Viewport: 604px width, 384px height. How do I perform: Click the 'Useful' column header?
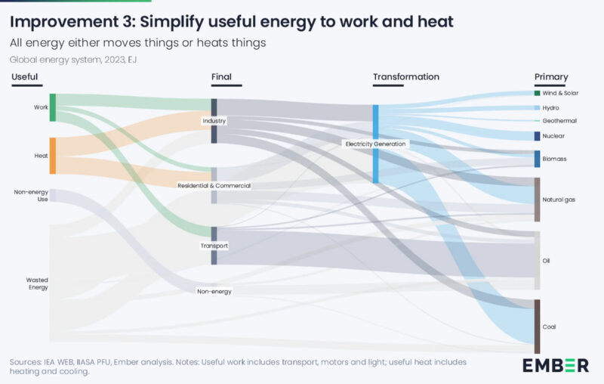[x=24, y=77]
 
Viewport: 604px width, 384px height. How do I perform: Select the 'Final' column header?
[x=221, y=77]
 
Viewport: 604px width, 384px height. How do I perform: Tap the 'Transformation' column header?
[x=405, y=77]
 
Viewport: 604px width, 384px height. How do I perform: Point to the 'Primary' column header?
[x=551, y=77]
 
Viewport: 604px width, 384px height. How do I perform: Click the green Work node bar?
[x=53, y=107]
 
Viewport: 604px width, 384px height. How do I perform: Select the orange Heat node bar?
[x=53, y=156]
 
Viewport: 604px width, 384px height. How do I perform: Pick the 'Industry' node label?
[x=214, y=121]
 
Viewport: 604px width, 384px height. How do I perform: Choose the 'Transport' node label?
[x=214, y=246]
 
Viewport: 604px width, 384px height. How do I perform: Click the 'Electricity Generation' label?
[x=375, y=144]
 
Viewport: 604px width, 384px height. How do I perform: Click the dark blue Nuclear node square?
[x=537, y=136]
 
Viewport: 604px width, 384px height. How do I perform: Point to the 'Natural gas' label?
[x=559, y=200]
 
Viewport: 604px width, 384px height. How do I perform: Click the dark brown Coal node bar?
[x=537, y=326]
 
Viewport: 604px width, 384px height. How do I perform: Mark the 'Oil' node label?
[x=547, y=261]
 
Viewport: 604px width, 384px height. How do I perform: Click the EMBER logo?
[x=555, y=365]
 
